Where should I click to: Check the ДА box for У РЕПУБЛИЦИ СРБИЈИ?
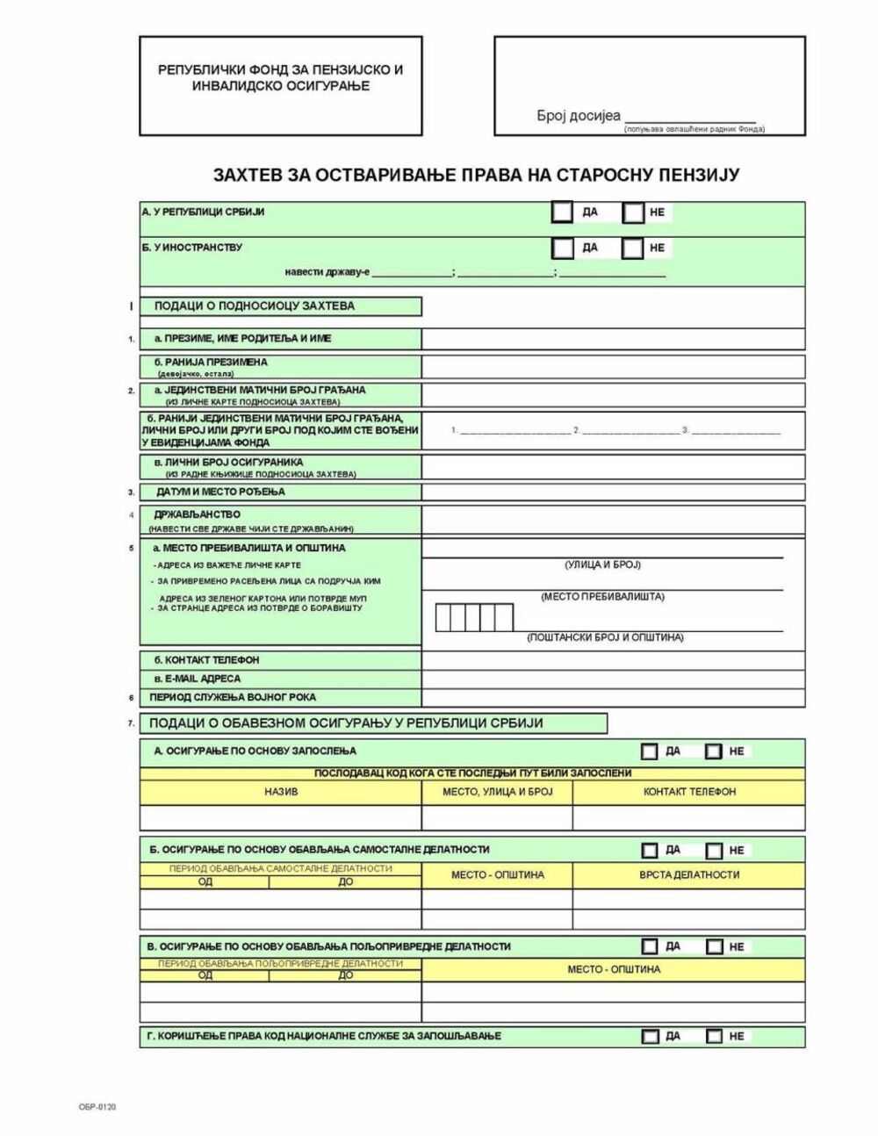(562, 212)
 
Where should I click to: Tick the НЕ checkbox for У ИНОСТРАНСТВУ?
(632, 248)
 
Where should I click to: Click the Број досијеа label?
(579, 116)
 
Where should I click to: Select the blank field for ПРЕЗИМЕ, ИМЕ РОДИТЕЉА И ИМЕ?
(612, 339)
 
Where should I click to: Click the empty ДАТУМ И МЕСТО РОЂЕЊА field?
(612, 493)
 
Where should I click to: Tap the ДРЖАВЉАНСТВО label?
(197, 514)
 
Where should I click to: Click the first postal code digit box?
(443, 618)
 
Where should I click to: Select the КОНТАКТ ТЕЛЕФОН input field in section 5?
(612, 660)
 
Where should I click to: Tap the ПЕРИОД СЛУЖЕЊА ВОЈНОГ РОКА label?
(233, 697)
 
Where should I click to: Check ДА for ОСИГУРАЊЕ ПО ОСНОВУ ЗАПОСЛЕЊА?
(650, 751)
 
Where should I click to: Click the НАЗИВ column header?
(281, 792)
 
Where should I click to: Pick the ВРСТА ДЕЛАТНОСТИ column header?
(689, 875)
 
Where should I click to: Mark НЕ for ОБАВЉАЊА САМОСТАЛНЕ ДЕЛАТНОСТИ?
(714, 851)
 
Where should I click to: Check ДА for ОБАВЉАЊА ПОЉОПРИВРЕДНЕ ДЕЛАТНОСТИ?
(650, 946)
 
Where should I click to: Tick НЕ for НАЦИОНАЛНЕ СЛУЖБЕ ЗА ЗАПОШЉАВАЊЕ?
(714, 1037)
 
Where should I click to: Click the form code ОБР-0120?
(97, 1107)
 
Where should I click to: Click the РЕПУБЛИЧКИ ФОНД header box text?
(280, 77)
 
